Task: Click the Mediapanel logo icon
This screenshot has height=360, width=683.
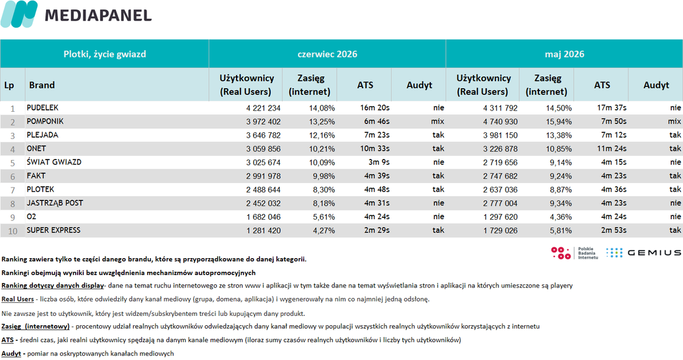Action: click(x=19, y=14)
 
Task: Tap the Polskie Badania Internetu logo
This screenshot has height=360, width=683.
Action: click(x=574, y=253)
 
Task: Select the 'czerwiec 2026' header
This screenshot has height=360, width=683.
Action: click(x=327, y=54)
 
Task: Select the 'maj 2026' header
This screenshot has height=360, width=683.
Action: click(x=564, y=54)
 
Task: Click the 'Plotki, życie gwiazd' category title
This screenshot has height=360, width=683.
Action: click(x=104, y=54)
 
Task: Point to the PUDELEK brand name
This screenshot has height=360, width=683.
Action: click(x=42, y=107)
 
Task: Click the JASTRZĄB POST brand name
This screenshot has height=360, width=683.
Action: click(x=55, y=203)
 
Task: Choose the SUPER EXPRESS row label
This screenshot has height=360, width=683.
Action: click(x=53, y=230)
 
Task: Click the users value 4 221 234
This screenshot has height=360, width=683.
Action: click(x=263, y=108)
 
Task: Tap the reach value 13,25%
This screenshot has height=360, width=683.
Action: click(x=322, y=122)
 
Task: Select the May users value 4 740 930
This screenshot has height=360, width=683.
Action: click(x=500, y=122)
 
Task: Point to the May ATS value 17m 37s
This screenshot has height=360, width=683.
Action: click(x=612, y=107)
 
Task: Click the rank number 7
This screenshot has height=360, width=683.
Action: click(x=12, y=190)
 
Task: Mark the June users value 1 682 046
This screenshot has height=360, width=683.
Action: click(x=263, y=217)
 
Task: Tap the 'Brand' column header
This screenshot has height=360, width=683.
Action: click(x=42, y=85)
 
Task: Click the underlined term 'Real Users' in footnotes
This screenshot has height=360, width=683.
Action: click(x=17, y=299)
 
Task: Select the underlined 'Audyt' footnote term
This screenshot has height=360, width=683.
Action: click(x=11, y=353)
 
